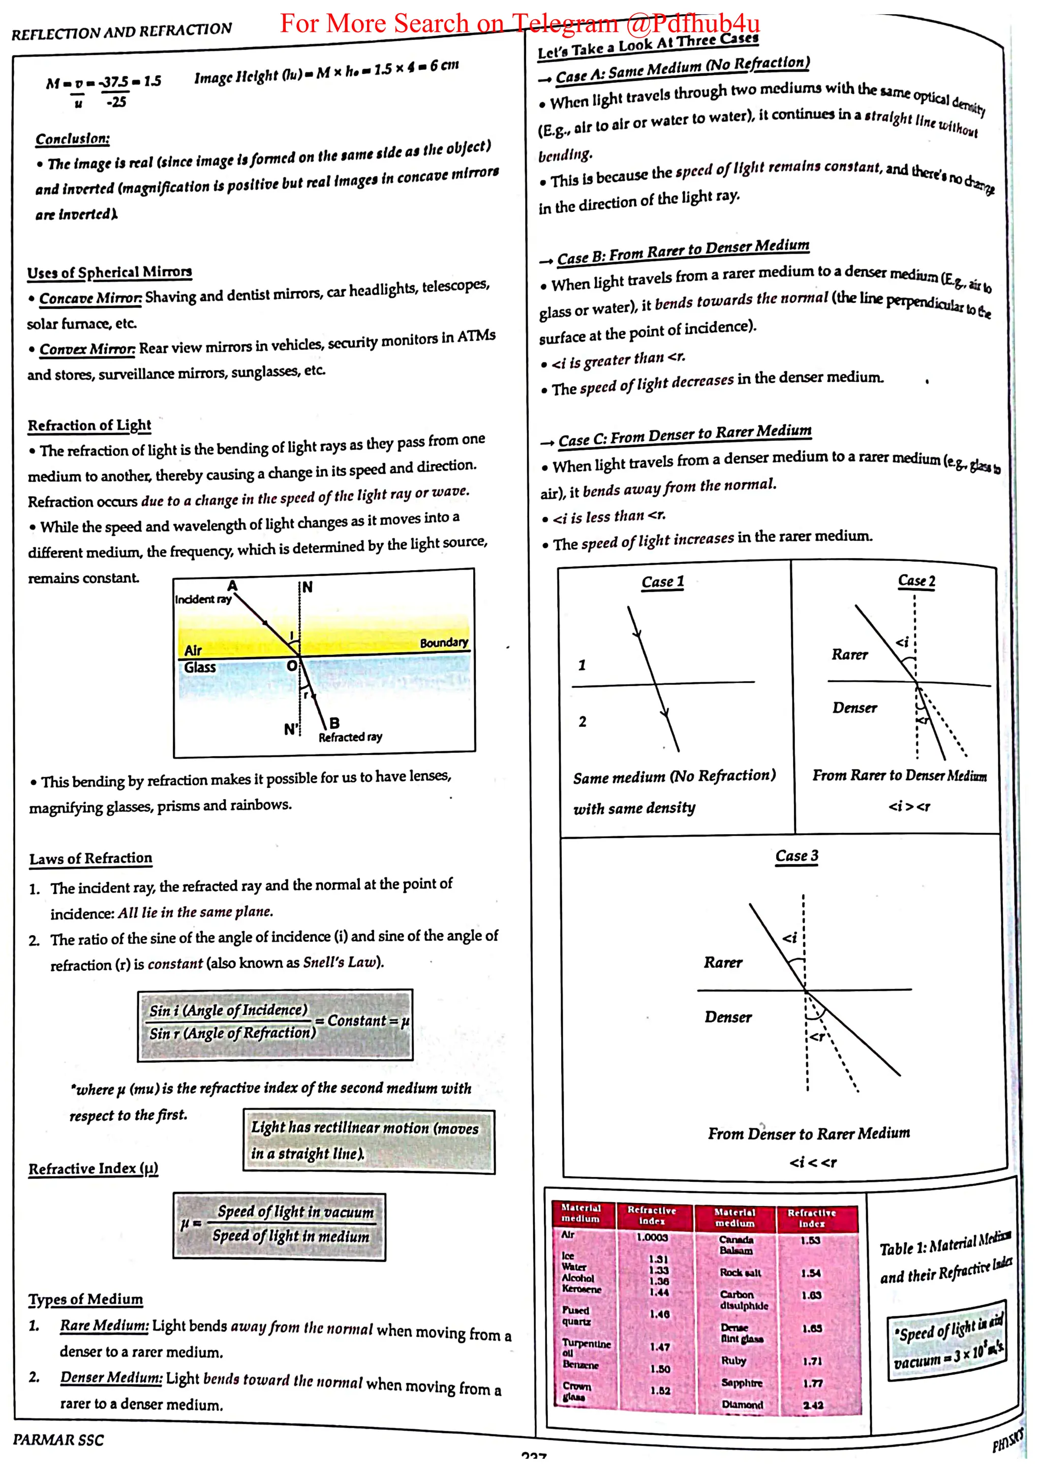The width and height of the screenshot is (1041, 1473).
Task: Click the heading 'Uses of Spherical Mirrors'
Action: tap(109, 272)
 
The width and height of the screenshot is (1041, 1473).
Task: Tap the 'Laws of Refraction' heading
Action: tap(90, 858)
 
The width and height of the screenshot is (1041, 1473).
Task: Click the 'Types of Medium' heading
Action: tap(85, 1299)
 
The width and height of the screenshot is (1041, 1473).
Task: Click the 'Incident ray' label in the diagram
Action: tap(203, 599)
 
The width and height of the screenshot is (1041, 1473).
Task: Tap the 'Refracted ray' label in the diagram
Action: tap(350, 737)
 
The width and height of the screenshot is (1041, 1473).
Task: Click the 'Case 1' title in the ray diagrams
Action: tap(663, 582)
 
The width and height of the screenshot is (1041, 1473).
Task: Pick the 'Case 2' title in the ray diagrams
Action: tap(916, 580)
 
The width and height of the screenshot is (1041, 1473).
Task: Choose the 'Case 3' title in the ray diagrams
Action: tap(796, 856)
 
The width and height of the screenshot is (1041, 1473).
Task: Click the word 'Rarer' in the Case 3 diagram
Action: tap(723, 962)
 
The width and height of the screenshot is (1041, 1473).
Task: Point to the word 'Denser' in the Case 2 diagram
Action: tap(854, 708)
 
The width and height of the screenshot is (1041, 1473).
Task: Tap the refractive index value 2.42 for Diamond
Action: tap(813, 1405)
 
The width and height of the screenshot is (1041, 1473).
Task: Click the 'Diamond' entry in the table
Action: tap(742, 1404)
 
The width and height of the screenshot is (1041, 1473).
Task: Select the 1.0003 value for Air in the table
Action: tap(652, 1237)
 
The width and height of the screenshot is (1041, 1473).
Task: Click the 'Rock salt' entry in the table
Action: tap(740, 1272)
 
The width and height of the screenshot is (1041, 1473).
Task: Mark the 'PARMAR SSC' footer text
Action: tap(58, 1439)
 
